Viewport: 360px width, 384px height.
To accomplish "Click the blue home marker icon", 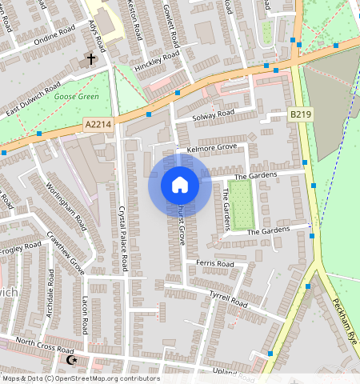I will pos(180,185).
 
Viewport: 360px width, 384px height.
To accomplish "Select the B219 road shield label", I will pos(300,115).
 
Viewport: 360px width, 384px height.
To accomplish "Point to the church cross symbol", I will pos(91,58).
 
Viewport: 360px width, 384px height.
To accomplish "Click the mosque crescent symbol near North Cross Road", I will pos(72,362).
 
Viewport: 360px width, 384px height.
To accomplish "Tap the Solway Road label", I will pos(214,114).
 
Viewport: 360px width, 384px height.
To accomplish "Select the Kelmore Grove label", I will pos(212,148).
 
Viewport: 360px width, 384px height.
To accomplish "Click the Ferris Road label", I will pos(214,263).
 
